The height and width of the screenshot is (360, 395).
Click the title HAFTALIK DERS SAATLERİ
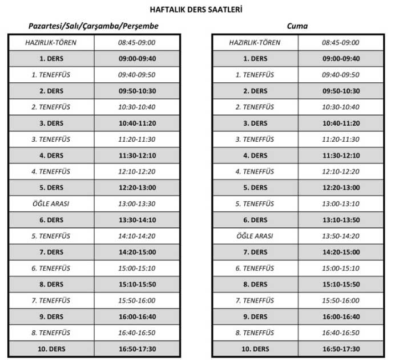(197, 10)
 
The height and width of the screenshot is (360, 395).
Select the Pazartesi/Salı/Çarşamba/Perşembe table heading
(94, 26)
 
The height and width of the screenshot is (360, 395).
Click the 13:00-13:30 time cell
(137, 204)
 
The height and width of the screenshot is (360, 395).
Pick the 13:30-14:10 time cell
(137, 220)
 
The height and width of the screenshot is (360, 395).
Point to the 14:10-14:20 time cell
(137, 236)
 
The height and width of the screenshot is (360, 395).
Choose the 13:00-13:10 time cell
(341, 204)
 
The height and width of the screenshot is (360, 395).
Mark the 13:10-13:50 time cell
(341, 220)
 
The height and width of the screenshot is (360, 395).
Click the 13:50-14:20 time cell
(341, 236)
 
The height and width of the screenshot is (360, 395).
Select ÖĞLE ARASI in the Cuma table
(255, 236)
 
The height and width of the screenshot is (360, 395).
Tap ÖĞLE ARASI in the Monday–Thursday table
(51, 204)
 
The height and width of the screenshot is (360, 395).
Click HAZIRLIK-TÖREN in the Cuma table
(255, 42)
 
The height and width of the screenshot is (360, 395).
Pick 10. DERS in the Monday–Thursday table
(51, 349)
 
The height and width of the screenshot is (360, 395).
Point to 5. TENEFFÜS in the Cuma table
(255, 204)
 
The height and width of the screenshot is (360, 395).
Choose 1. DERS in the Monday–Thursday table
(51, 58)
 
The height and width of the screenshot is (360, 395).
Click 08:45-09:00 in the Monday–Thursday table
(137, 42)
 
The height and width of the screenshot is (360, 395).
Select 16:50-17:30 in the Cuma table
(341, 349)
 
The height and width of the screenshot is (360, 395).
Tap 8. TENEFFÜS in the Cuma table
(255, 333)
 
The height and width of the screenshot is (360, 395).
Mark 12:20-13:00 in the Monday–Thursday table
(137, 187)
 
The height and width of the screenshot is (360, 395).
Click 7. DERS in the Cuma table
(255, 252)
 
